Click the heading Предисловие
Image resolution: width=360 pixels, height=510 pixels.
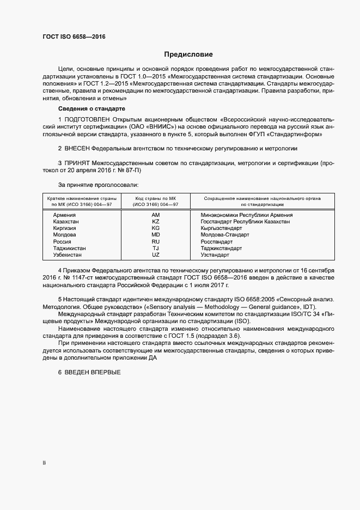coord(188,54)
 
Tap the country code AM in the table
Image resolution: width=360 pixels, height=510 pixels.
coord(155,215)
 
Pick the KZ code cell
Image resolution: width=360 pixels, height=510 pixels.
coord(155,222)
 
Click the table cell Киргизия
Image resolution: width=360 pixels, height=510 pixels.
coord(65,228)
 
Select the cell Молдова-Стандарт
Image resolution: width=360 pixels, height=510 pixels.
coord(225,235)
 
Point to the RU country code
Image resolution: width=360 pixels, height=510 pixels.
coord(155,241)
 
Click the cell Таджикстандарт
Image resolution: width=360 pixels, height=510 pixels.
coord(222,248)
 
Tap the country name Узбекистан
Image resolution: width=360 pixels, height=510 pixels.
coord(68,254)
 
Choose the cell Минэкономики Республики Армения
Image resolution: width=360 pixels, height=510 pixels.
coord(247,215)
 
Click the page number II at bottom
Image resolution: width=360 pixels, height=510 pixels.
coord(44,463)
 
